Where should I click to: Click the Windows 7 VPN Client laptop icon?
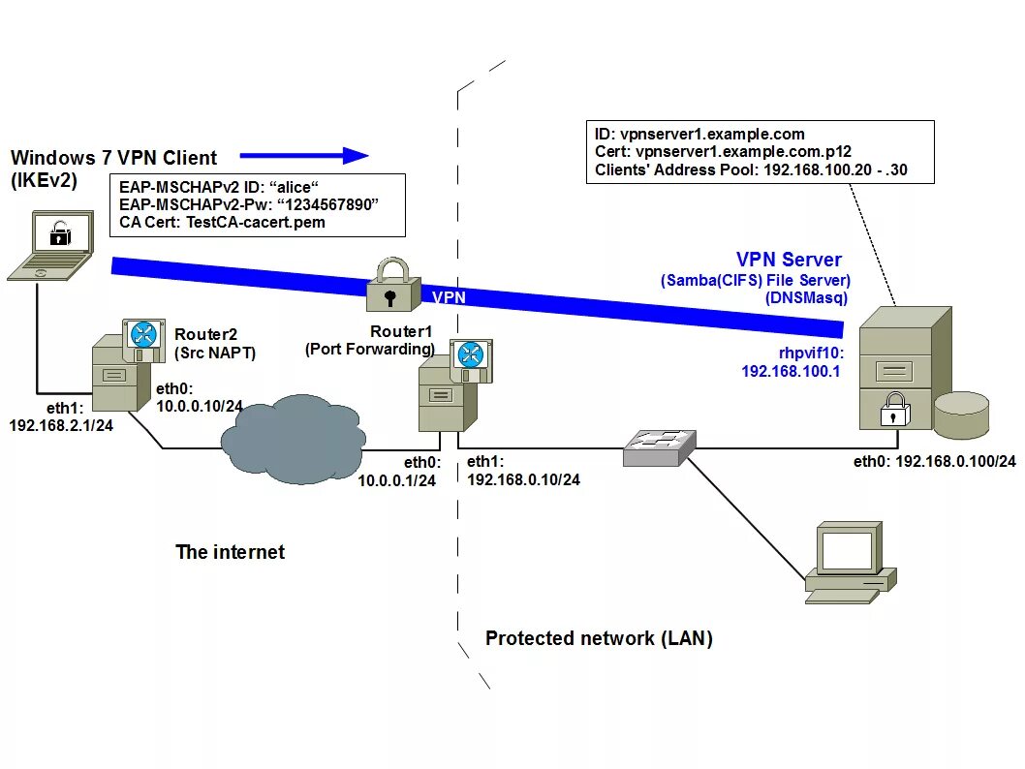pos(50,246)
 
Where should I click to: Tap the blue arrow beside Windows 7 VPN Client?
pos(304,155)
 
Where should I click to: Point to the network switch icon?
pos(659,447)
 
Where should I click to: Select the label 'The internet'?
pos(230,552)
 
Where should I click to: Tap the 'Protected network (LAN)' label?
pos(599,638)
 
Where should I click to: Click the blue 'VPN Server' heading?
pos(789,260)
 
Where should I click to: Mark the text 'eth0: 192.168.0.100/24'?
pos(934,461)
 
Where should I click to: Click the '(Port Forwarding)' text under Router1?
pos(369,349)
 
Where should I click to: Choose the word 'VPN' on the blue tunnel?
pos(449,297)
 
